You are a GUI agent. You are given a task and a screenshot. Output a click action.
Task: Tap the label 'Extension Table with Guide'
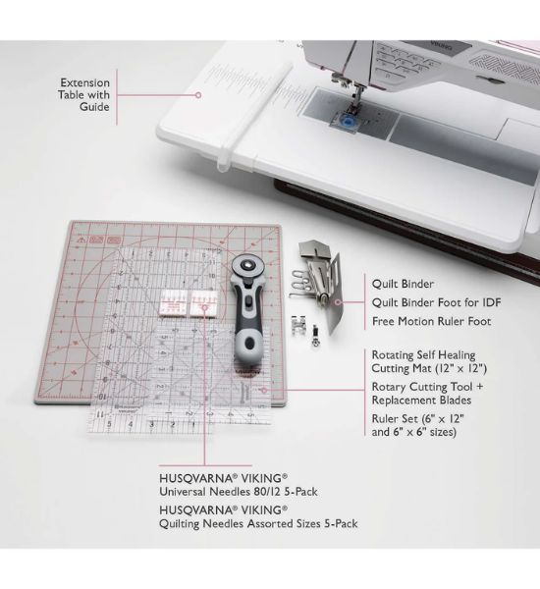(x=84, y=95)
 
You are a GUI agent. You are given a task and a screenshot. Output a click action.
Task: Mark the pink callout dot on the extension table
(x=197, y=95)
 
